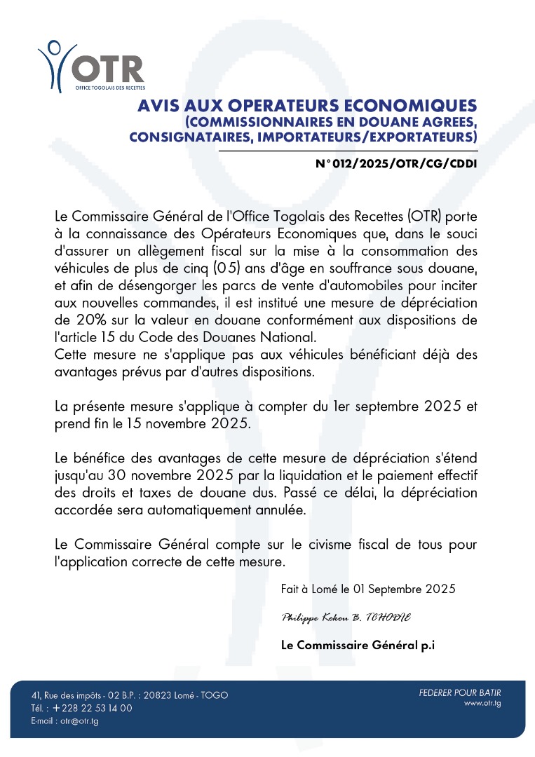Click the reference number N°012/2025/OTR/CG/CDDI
(396, 165)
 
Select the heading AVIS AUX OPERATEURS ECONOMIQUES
(307, 106)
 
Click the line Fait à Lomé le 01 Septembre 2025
(367, 589)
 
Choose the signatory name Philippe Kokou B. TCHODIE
(346, 618)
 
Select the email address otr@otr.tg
(80, 721)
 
